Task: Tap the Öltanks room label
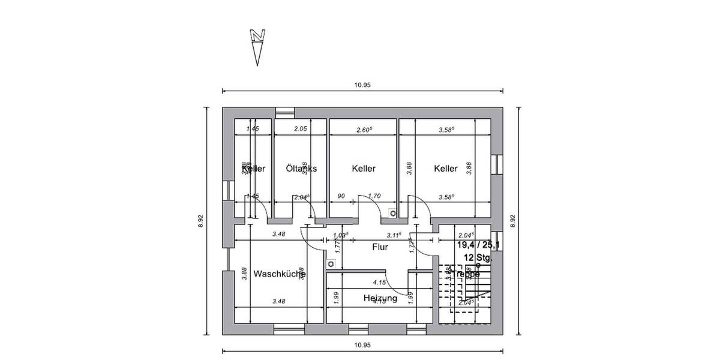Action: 301,169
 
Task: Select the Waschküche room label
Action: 280,274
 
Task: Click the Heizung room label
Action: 380,298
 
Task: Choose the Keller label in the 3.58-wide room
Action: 446,169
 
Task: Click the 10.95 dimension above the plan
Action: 362,85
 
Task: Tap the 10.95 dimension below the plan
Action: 362,345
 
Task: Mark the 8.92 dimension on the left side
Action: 201,221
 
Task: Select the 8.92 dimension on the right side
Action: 512,221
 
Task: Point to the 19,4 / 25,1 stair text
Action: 478,245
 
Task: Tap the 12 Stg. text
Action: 477,258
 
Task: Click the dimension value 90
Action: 341,196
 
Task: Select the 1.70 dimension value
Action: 374,196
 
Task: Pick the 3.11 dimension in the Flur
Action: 394,235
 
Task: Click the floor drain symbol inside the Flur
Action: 331,263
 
